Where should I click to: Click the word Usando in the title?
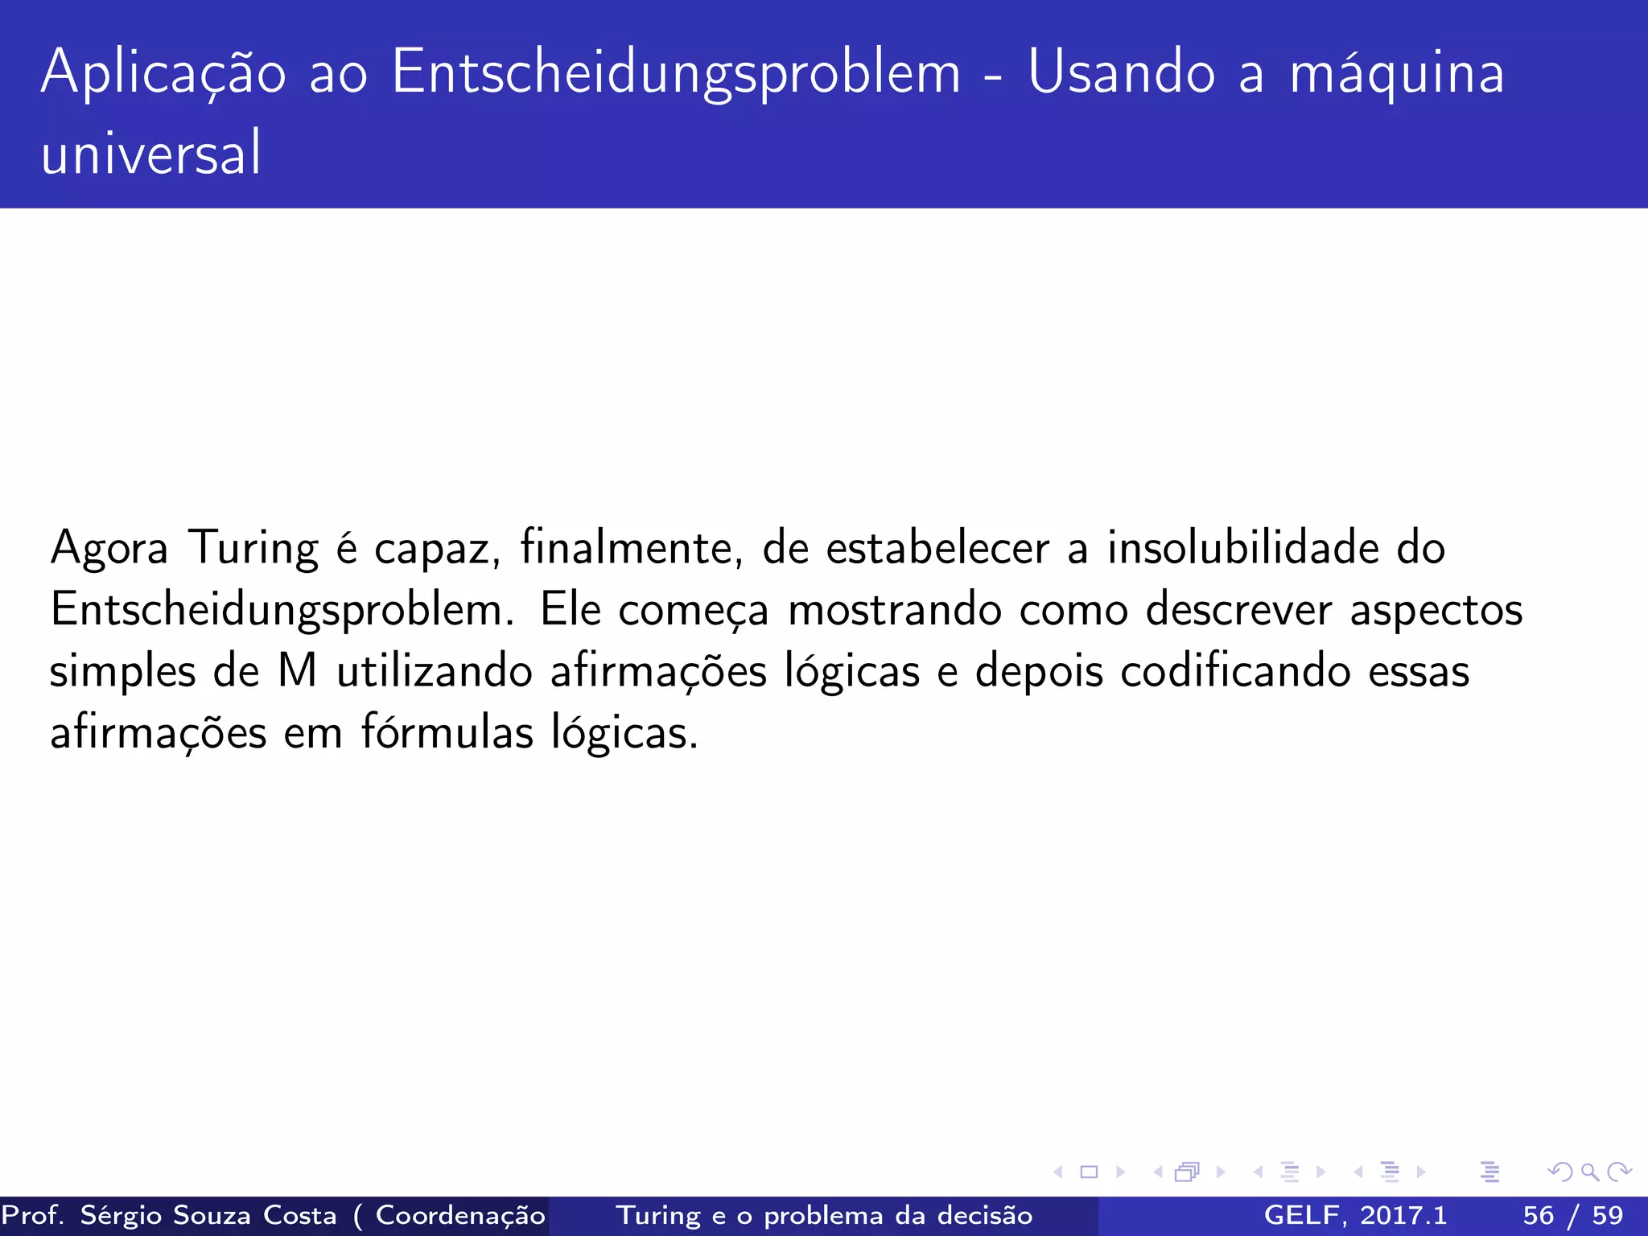(x=1121, y=72)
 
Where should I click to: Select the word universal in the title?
(x=151, y=153)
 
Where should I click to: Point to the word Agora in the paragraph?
(x=109, y=549)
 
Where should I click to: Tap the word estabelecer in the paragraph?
(x=937, y=547)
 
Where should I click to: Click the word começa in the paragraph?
(x=694, y=610)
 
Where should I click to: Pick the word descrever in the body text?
(x=1238, y=609)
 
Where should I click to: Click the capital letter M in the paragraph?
(x=297, y=670)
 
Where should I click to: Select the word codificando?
(x=1235, y=670)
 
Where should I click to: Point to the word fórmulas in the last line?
(x=447, y=732)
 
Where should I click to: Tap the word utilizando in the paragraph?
(x=435, y=670)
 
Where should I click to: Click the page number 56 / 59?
(x=1572, y=1215)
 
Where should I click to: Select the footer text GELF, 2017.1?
(x=1355, y=1215)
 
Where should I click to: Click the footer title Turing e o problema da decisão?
(x=824, y=1215)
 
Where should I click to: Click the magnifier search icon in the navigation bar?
(x=1589, y=1172)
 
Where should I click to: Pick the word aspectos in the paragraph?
(x=1436, y=610)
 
